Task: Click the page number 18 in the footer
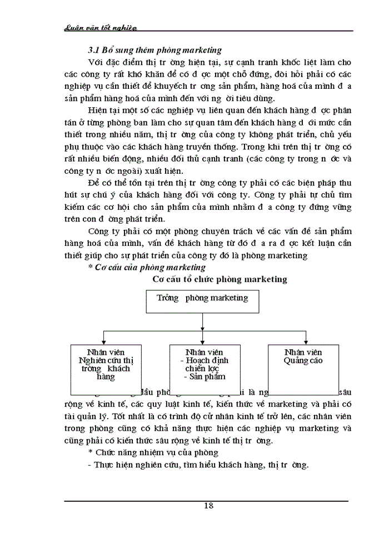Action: (208, 505)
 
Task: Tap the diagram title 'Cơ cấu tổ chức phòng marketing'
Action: (220, 279)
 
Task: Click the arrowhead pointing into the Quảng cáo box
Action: (303, 341)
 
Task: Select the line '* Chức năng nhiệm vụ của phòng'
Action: (145, 452)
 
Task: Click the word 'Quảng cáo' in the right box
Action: (303, 360)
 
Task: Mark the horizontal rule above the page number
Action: (206, 500)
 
